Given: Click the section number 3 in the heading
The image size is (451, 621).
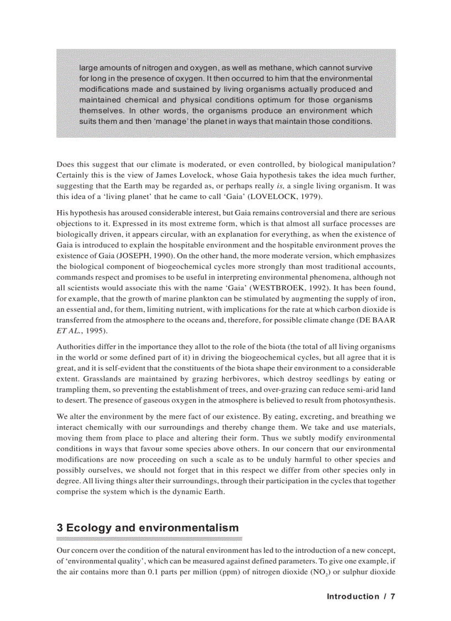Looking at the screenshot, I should [60, 528].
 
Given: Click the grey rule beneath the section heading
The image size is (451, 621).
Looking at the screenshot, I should [149, 539].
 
